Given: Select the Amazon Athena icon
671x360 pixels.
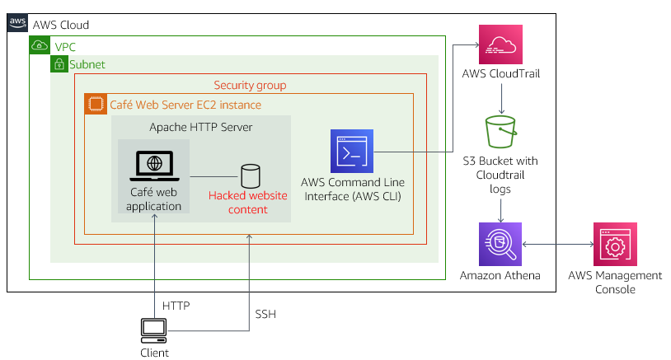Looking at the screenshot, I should tap(501, 244).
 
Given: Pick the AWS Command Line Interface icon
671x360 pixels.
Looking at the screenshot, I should tap(352, 151).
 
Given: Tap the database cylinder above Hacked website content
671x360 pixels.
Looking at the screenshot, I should tap(250, 175).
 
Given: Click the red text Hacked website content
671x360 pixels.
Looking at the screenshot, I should tap(248, 203).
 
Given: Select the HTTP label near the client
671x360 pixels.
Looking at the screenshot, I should tap(176, 306).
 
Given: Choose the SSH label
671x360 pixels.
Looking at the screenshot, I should tap(265, 314).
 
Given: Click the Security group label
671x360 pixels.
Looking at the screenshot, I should tap(250, 85).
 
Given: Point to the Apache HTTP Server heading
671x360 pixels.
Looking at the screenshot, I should tap(201, 127).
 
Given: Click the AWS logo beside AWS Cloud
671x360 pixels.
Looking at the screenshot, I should tap(18, 25).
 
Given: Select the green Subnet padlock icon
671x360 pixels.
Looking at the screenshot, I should tap(59, 64).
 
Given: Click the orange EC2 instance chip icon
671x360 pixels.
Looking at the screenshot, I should tap(96, 105).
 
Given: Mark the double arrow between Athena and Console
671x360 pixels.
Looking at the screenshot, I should tap(558, 244).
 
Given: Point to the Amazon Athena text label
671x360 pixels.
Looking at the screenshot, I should tap(500, 275).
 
